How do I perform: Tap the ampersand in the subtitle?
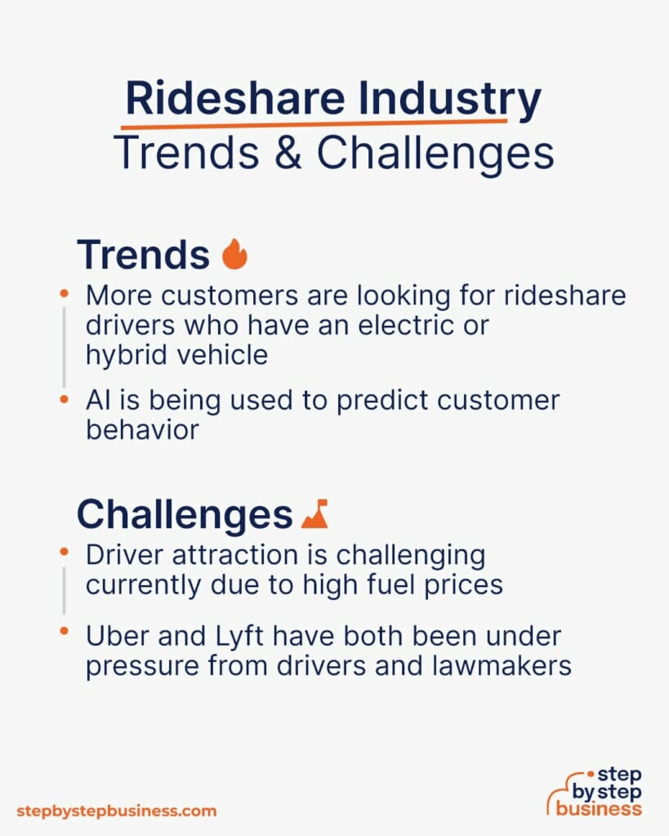[291, 153]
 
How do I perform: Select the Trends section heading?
[143, 255]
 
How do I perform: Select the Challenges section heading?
[185, 514]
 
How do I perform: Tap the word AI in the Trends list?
[98, 400]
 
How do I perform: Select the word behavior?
[142, 430]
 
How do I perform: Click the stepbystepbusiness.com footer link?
[117, 811]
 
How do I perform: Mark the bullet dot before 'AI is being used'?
[64, 399]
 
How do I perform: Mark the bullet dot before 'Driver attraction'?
[64, 554]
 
